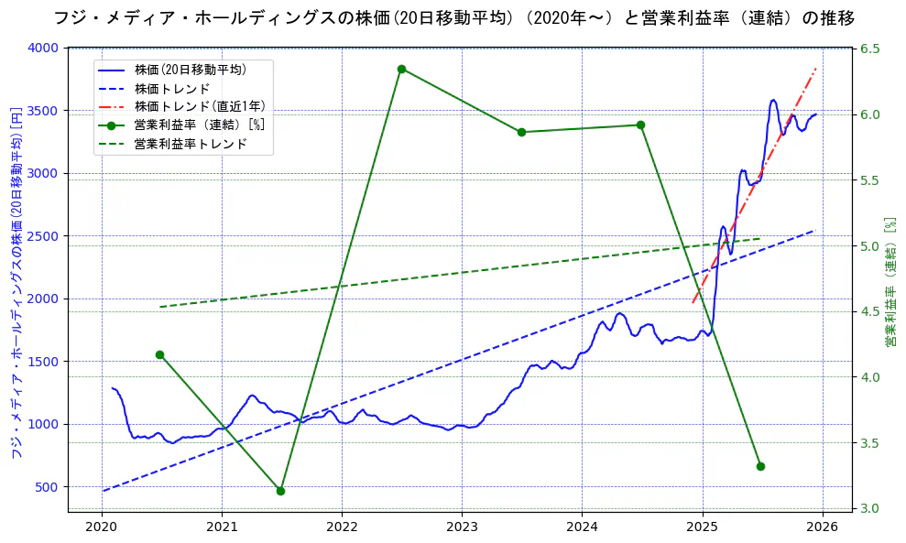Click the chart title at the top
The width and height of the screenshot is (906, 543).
(453, 17)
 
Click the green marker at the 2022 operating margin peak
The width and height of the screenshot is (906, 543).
(401, 69)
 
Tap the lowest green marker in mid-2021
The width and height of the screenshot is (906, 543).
(280, 491)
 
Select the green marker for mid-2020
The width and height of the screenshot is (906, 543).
(159, 354)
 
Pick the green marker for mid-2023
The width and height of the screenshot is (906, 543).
(521, 132)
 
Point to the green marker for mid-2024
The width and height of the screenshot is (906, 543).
(640, 125)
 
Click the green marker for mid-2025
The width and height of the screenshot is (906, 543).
(760, 466)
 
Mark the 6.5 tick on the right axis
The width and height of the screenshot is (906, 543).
(868, 48)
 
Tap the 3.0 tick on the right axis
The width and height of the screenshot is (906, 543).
(868, 509)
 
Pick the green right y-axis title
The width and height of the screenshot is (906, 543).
(890, 282)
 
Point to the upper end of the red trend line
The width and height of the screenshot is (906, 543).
(816, 68)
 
